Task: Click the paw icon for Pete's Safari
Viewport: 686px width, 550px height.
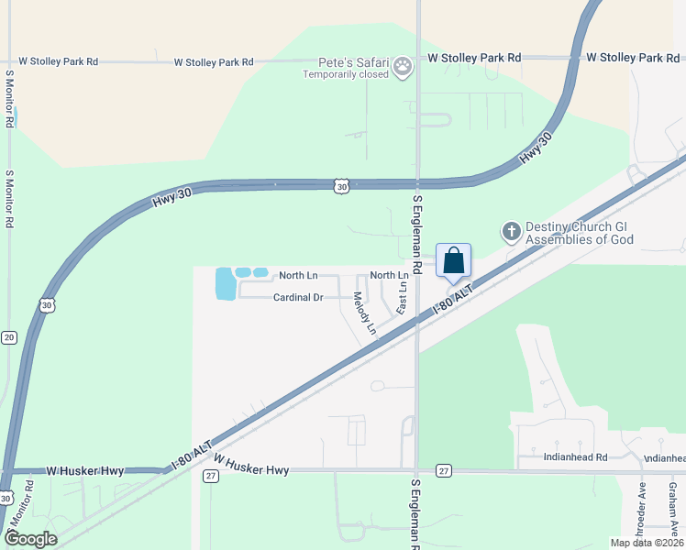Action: (x=403, y=66)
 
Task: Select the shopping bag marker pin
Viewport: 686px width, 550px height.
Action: (x=454, y=261)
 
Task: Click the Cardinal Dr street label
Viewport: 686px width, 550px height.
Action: (x=298, y=297)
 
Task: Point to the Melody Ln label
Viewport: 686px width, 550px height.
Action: (x=365, y=313)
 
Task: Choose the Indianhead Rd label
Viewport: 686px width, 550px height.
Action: (x=576, y=456)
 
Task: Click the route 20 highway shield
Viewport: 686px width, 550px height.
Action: (x=9, y=337)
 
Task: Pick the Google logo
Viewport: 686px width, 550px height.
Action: (x=31, y=539)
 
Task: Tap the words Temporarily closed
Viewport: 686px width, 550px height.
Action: (x=347, y=74)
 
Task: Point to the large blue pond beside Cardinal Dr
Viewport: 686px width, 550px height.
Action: (x=225, y=284)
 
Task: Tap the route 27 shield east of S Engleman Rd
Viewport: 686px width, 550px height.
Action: (x=444, y=470)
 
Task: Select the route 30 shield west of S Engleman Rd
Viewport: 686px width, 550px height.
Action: (x=341, y=186)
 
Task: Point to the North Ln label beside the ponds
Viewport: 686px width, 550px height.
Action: (x=298, y=275)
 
